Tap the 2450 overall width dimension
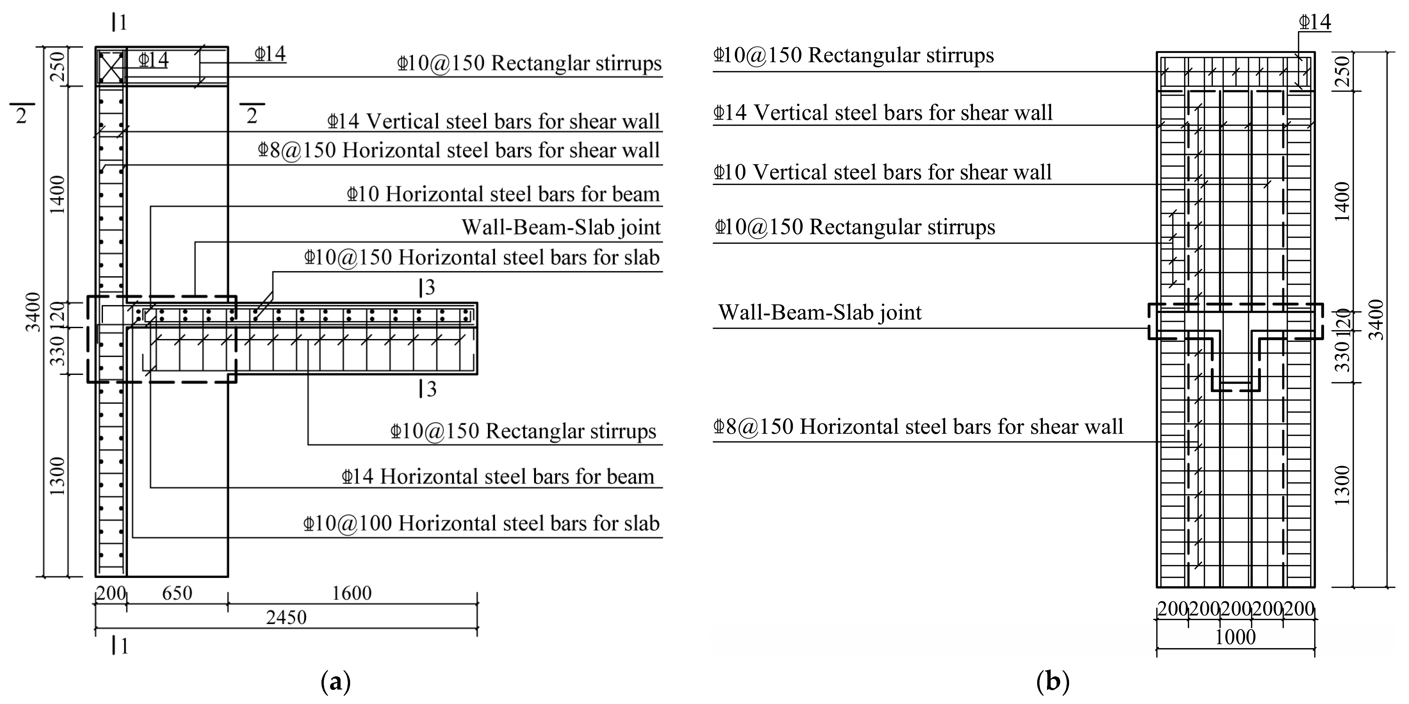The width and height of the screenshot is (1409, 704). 286,617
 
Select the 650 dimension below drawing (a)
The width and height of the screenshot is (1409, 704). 177,593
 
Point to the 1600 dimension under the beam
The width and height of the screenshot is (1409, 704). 352,593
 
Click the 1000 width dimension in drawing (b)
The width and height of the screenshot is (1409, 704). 1235,637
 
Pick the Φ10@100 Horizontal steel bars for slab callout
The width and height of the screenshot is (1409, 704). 481,524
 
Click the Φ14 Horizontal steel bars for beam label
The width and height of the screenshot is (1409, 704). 498,477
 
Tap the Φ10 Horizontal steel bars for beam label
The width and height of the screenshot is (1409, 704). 503,194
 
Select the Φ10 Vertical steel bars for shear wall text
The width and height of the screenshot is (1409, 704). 882,172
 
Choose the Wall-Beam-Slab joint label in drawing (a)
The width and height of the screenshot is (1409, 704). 561,227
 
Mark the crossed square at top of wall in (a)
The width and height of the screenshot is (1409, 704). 111,66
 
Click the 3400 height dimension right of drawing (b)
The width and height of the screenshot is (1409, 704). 1375,320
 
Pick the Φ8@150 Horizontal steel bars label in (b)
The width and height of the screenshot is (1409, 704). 918,427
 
